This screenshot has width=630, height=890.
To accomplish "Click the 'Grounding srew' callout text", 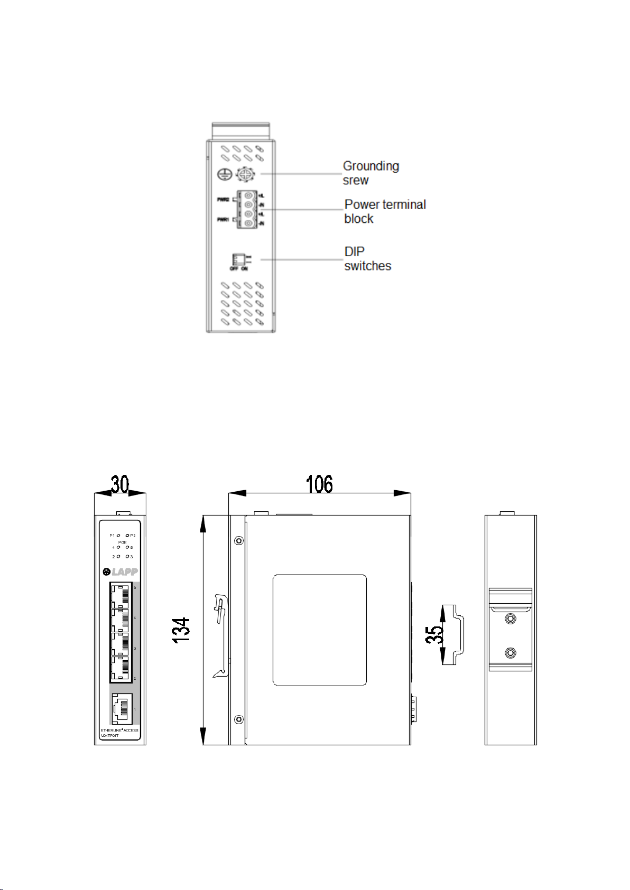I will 370,173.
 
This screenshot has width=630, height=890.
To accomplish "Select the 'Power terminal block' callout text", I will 385,211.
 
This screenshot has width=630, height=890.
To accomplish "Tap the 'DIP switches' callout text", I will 367,259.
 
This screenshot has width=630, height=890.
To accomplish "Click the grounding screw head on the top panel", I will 244,173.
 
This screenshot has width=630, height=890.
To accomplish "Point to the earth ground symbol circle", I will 223,174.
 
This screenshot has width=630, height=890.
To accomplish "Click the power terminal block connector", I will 246,209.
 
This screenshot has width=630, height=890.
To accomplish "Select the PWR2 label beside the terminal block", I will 223,200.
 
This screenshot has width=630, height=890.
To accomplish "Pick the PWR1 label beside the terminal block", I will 223,220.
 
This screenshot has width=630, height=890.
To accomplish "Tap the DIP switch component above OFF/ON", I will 238,259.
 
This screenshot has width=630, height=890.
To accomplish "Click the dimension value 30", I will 120,483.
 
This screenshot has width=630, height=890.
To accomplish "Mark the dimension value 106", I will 320,483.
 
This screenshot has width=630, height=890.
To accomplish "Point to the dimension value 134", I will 181,630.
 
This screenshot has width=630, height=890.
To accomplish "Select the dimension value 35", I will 434,634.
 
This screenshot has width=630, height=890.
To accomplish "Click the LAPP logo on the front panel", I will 121,572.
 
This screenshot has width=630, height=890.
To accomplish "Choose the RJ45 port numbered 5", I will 121,596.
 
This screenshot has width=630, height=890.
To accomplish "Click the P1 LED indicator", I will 118,536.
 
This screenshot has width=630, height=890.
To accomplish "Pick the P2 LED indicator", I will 127,536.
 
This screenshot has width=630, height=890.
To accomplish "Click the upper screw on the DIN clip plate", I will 510,619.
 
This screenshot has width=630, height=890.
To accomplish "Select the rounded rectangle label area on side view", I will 319,630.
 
